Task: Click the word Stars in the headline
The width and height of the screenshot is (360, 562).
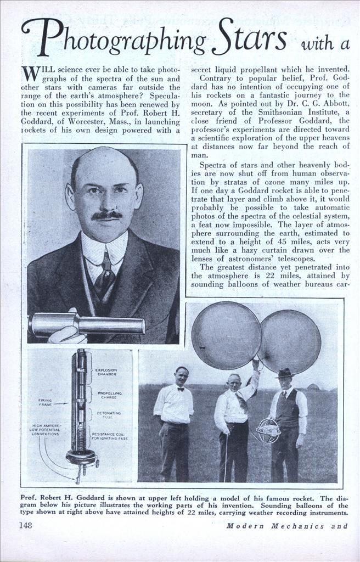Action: point(249,38)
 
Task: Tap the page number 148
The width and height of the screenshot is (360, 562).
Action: point(25,525)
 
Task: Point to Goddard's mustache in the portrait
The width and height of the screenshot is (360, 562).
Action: point(106,215)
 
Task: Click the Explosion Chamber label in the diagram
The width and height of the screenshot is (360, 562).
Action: point(106,373)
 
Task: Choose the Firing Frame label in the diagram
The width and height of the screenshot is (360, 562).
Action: point(45,402)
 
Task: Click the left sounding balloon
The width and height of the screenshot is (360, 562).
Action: point(226,335)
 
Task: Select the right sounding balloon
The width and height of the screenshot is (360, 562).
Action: point(289,342)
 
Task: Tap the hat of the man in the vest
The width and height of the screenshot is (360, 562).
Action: point(284,373)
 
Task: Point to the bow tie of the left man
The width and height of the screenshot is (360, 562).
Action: point(180,389)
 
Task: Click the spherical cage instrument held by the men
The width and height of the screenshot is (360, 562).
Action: point(268,430)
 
